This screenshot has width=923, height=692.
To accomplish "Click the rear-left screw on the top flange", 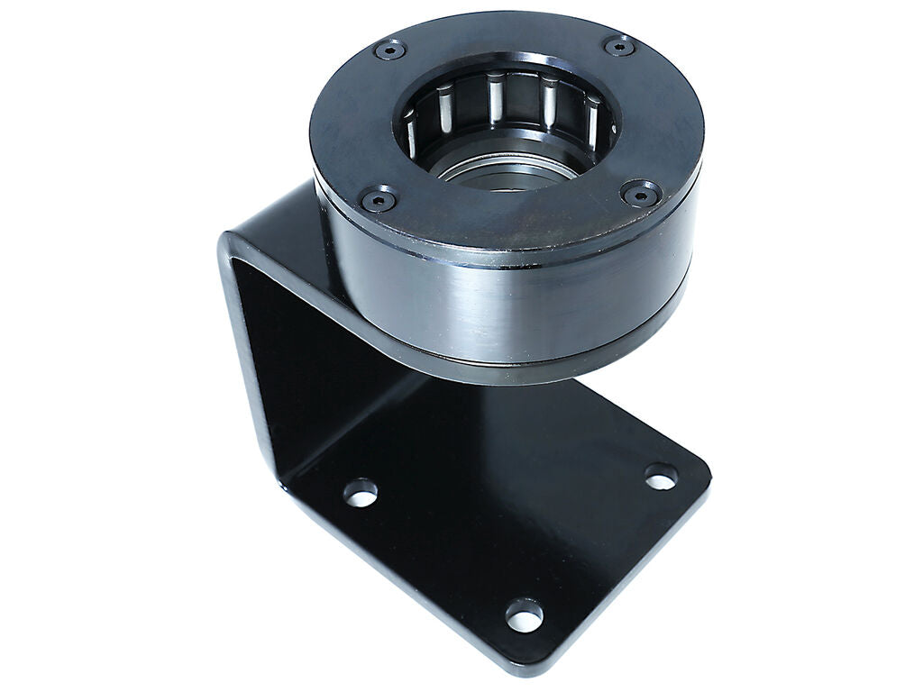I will click(389, 50).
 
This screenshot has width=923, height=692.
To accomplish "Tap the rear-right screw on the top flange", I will click(619, 46).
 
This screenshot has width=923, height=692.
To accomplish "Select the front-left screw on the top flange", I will click(378, 198).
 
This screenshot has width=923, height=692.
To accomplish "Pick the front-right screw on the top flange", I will click(642, 192).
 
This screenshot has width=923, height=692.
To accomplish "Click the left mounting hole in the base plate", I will click(361, 492).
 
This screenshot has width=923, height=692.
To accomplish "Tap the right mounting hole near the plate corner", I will click(661, 477).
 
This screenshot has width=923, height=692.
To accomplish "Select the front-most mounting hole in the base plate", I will click(524, 615).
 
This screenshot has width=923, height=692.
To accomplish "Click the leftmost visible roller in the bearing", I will click(410, 132).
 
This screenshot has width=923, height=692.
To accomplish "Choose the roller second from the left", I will click(443, 105).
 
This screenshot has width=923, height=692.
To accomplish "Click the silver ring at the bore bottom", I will click(505, 169).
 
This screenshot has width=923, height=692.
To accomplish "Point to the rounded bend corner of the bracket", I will click(236, 252).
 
